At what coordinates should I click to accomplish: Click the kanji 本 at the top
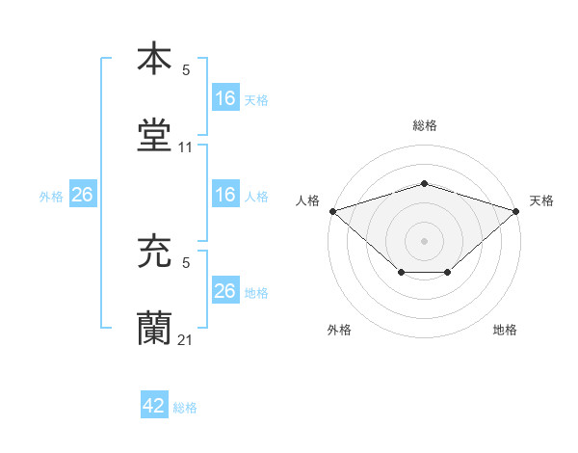click(x=154, y=58)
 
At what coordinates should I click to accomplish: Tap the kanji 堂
click(x=154, y=135)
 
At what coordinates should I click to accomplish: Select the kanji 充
click(x=154, y=254)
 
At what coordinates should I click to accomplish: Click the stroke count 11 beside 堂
click(x=186, y=147)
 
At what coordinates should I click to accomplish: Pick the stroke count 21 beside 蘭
click(x=186, y=339)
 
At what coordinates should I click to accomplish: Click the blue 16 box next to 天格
click(x=224, y=98)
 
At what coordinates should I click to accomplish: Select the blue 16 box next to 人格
click(x=224, y=195)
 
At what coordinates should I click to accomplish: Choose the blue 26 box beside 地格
click(x=224, y=291)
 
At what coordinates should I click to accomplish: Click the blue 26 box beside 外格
click(x=82, y=195)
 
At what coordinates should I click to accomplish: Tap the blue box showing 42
click(x=154, y=406)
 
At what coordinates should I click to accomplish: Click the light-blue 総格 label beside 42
click(x=185, y=408)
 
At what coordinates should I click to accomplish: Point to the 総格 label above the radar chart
click(x=425, y=125)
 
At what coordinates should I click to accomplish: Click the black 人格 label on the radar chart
click(x=308, y=200)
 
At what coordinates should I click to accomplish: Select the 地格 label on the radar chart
click(x=505, y=330)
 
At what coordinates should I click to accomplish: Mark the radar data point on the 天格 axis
click(x=517, y=210)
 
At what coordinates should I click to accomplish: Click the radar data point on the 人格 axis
click(x=332, y=210)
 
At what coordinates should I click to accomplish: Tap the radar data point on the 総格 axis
click(x=425, y=183)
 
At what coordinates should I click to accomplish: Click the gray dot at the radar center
click(x=425, y=240)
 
